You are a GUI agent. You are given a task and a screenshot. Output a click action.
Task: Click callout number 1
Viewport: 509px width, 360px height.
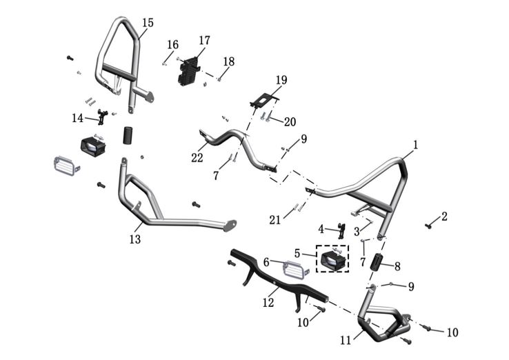415,146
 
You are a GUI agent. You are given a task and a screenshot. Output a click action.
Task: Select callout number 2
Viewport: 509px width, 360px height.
444,217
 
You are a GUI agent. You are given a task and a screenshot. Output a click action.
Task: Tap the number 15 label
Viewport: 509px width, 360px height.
148,23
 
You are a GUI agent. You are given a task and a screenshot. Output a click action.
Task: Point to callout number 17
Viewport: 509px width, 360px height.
204,41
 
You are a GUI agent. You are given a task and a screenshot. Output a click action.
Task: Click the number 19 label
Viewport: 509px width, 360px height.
281,80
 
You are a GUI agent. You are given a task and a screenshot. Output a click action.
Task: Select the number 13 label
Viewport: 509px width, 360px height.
134,239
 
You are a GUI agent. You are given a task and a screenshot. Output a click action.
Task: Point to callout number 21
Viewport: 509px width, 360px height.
276,219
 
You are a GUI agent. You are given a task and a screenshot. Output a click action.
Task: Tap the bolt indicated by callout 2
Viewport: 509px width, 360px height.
428,225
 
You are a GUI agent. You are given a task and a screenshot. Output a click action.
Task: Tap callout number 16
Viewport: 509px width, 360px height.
172,45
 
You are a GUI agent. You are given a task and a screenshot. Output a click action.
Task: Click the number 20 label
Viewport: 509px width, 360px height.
289,122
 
